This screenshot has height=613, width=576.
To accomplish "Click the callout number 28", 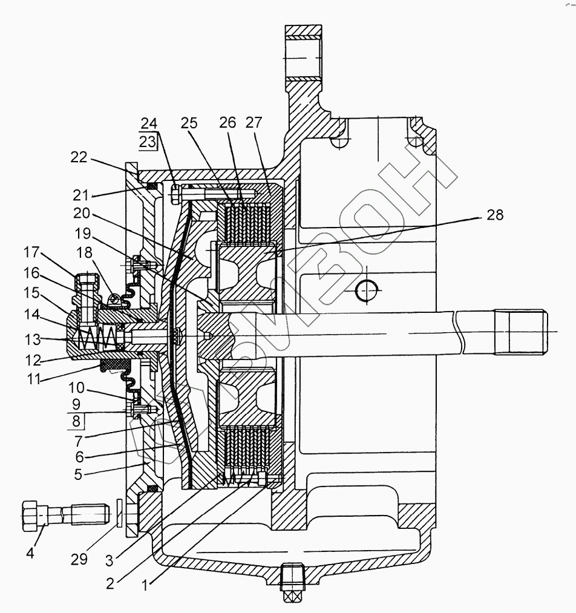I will (494, 215).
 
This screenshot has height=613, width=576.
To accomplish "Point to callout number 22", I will (79, 158).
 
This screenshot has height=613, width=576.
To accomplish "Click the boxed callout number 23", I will (148, 142).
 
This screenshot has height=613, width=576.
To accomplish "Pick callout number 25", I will (189, 123).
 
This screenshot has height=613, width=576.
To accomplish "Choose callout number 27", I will (255, 123).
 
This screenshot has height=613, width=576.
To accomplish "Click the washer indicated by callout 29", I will (119, 513).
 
